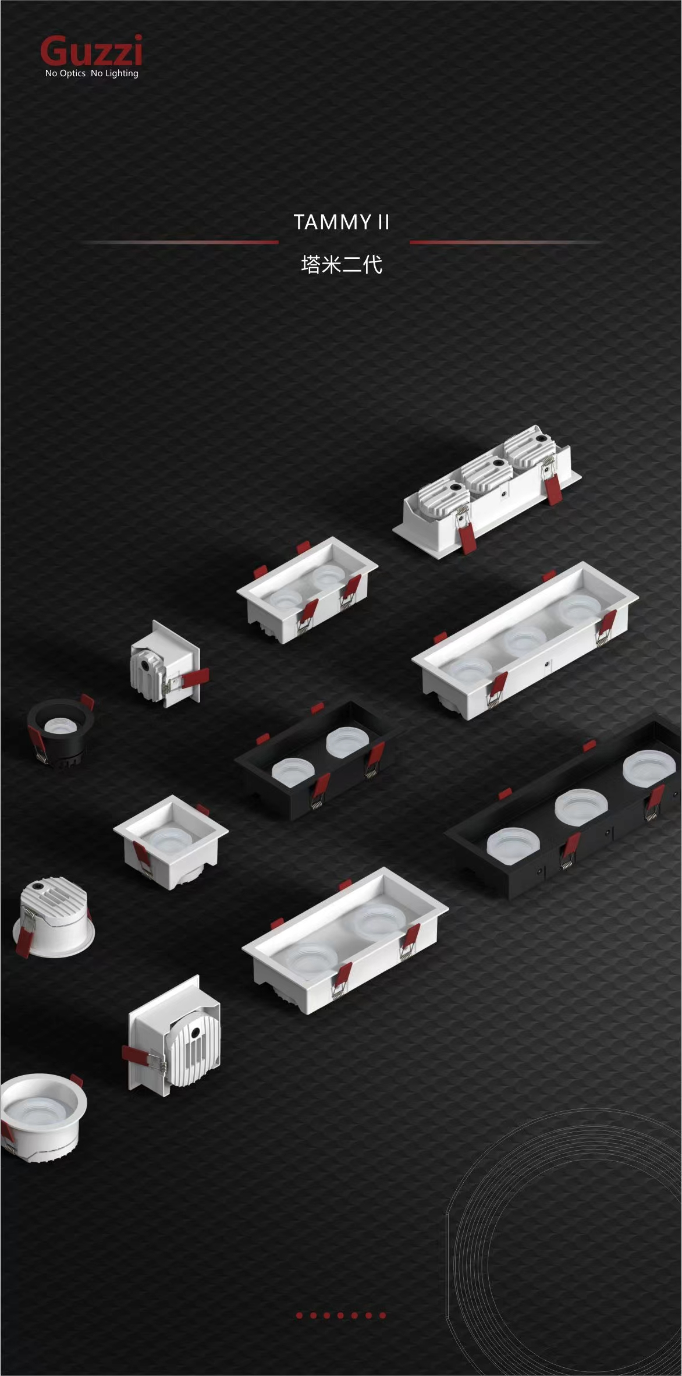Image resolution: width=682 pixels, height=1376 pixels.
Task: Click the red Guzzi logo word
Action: coord(91,51)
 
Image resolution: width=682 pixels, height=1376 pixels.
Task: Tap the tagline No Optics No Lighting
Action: coord(92,73)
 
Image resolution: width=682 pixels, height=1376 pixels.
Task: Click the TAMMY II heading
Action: coord(342,222)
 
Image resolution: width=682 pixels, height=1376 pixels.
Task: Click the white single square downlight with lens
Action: coord(170,842)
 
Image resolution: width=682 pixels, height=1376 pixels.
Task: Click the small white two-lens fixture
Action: coord(307,590)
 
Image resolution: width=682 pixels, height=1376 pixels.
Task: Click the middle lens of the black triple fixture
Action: coord(578,807)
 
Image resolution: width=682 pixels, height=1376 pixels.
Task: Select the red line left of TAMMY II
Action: coord(180,242)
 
